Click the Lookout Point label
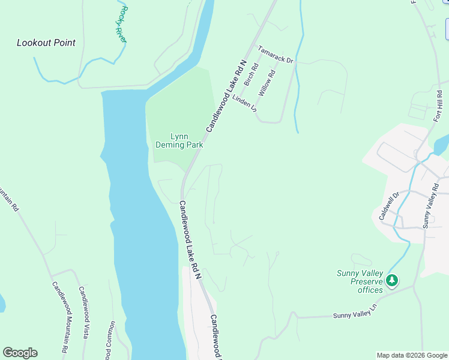(46, 43)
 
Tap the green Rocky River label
(122, 25)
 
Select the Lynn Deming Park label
(179, 140)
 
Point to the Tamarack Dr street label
(275, 55)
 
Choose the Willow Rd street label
(267, 83)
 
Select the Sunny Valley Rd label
(431, 205)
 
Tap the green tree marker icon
(392, 280)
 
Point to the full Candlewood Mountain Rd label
(59, 317)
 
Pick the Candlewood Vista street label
(83, 312)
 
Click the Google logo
(20, 353)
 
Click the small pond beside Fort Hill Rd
(442, 145)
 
